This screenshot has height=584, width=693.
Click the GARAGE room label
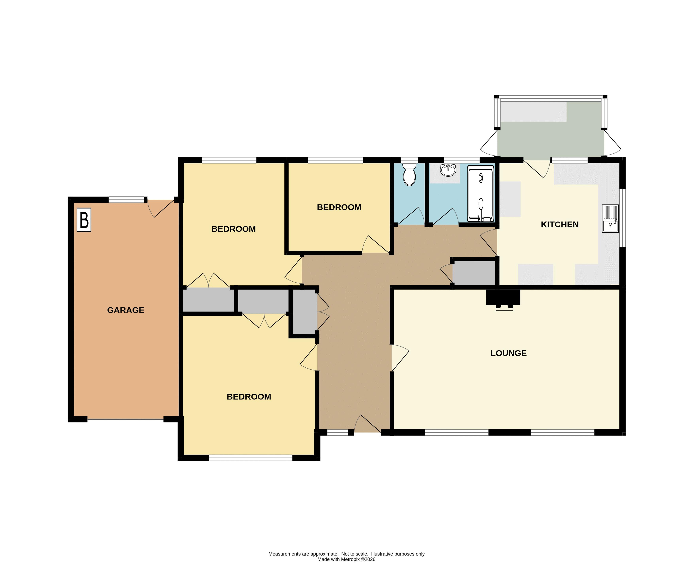pos(126,310)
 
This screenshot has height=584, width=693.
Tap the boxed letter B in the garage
pos(84,220)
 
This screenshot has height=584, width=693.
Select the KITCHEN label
pos(560,224)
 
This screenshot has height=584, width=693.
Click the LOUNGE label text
pos(508,353)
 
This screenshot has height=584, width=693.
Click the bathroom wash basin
pos(448,170)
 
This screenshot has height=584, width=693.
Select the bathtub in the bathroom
pos(481,194)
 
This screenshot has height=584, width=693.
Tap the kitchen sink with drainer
pos(610,219)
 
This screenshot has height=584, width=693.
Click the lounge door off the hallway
pos(400,358)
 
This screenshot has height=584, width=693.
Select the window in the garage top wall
pos(127,200)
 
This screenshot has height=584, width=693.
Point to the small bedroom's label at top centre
pos(339,207)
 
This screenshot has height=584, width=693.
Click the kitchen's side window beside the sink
pos(622,218)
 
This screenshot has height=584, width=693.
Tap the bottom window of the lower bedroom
pos(251,458)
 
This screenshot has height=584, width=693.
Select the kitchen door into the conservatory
pos(536,169)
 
